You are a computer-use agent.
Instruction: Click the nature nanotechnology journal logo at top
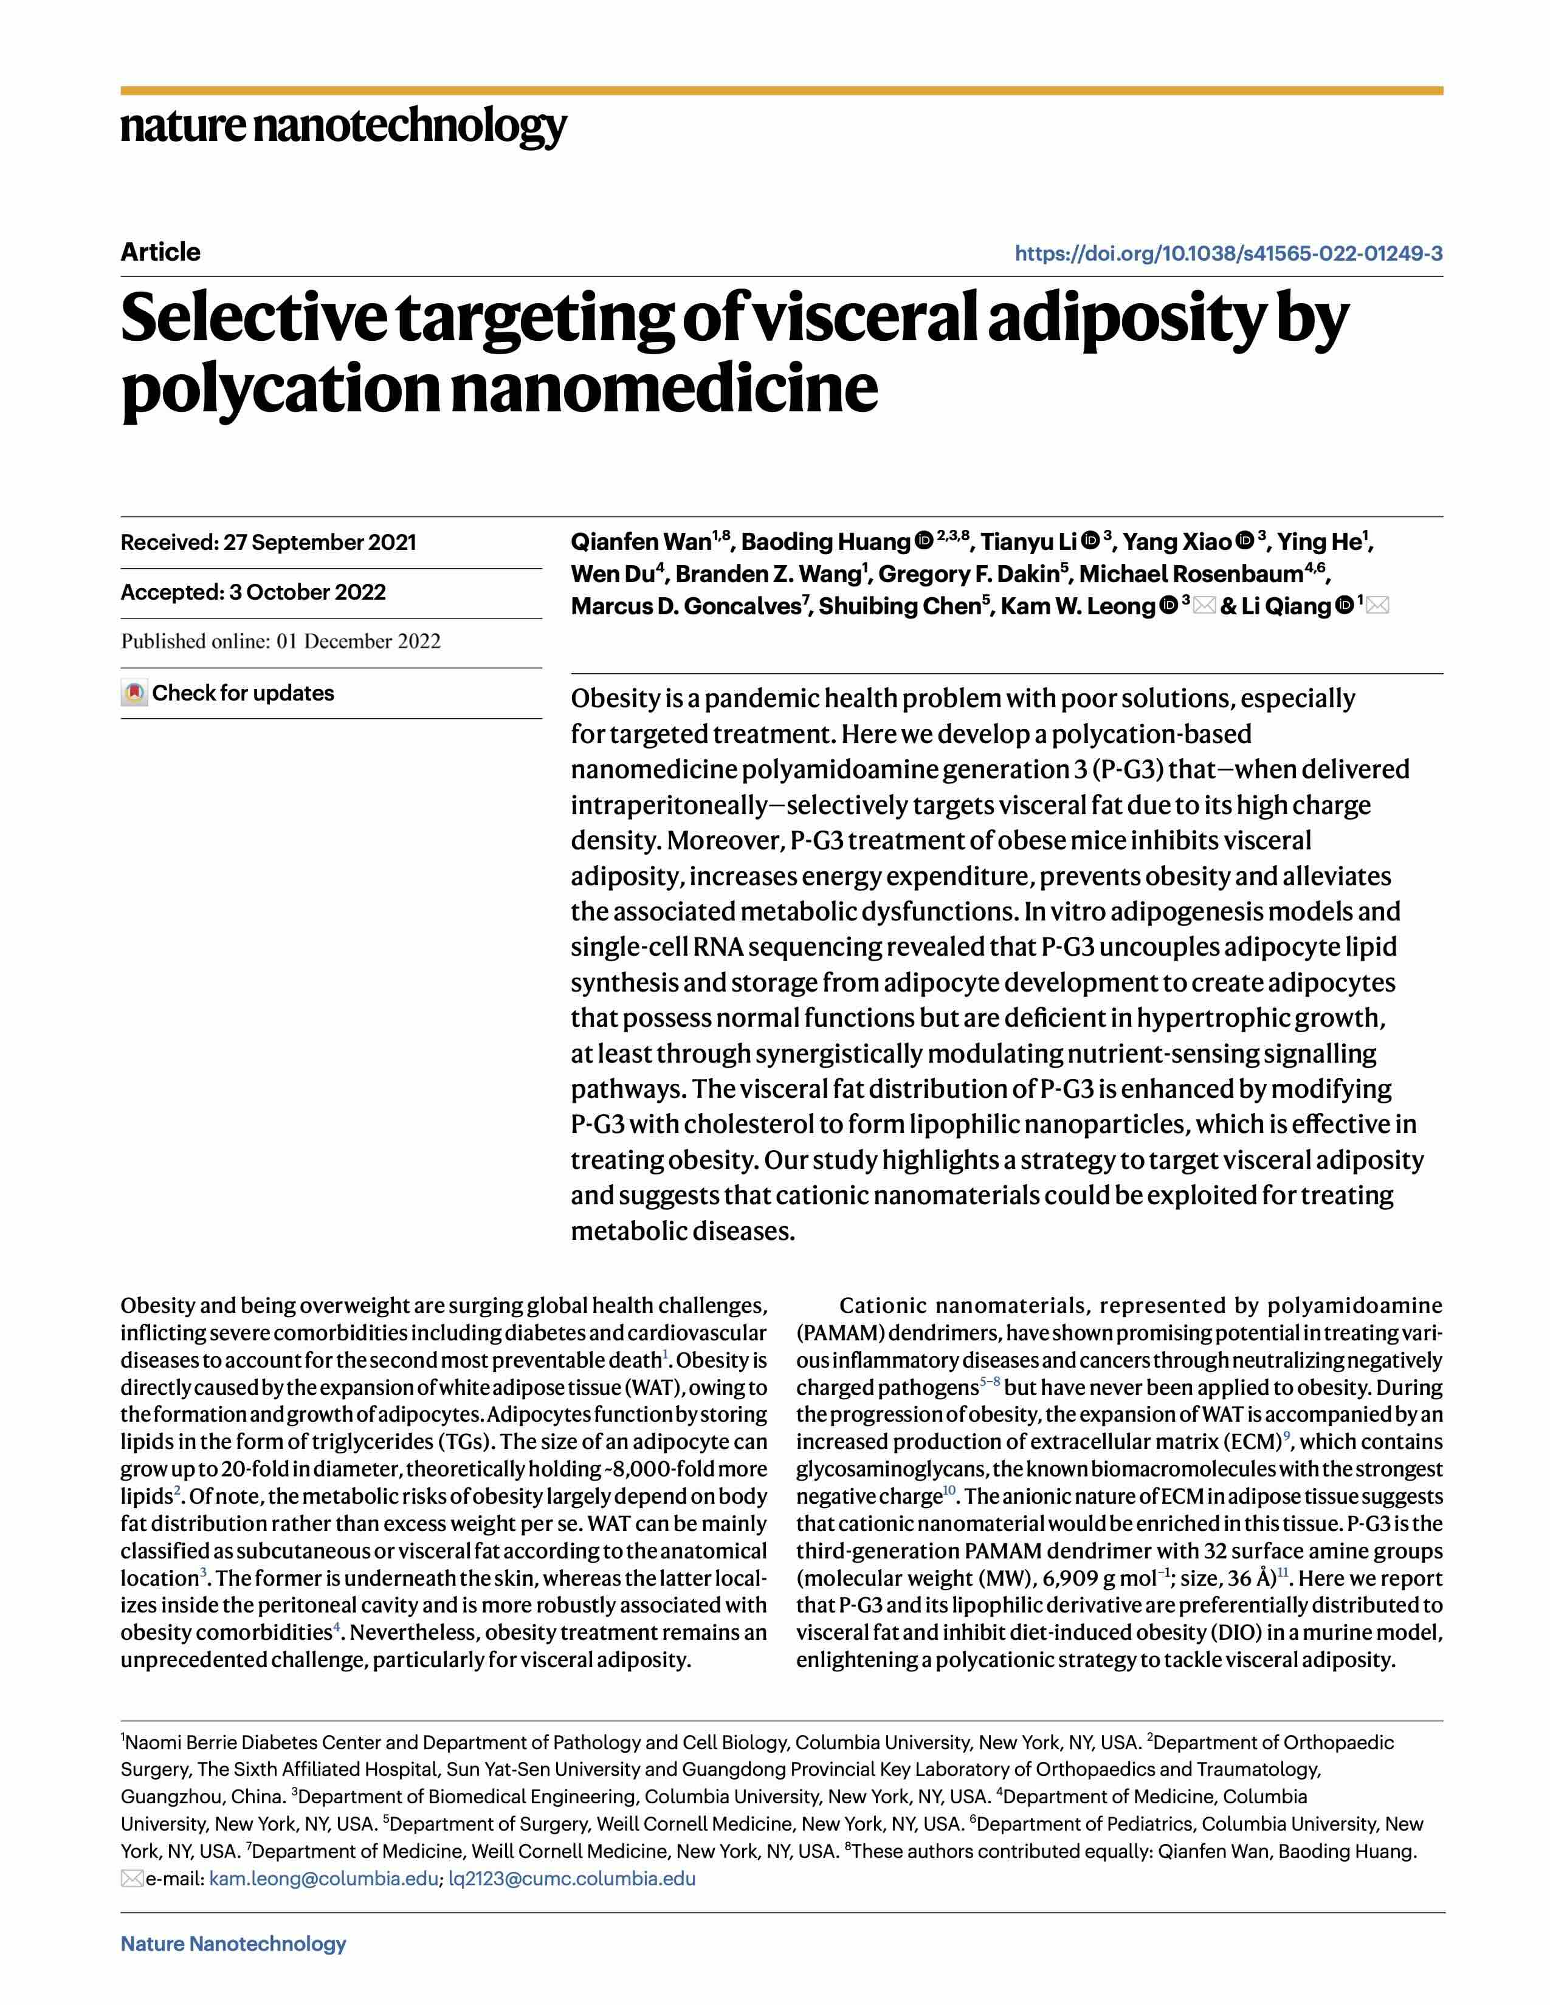click(343, 126)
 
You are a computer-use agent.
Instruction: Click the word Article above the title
click(160, 252)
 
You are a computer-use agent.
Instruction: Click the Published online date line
click(280, 641)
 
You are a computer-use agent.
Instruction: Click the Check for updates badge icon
click(134, 693)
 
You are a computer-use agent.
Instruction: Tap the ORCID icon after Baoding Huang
click(924, 541)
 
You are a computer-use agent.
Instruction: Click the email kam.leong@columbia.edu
click(323, 1878)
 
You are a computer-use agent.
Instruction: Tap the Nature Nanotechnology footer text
click(233, 1944)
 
